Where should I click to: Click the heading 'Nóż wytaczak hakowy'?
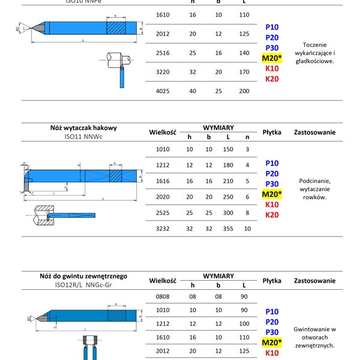tap(84, 128)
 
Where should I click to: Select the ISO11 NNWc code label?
tap(84, 137)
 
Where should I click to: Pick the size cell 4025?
tap(163, 91)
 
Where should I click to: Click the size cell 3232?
tap(163, 229)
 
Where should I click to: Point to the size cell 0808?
tap(163, 296)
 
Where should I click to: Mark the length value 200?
tap(244, 91)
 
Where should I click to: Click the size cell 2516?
tap(163, 53)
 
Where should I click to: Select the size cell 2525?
tap(163, 212)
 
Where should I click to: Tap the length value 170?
tap(244, 71)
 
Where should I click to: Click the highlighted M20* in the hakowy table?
tap(272, 194)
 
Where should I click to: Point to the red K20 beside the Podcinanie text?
tap(272, 215)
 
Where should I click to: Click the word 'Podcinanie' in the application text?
tap(314, 180)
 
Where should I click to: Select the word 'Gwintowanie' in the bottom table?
tap(314, 329)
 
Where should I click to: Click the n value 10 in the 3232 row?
tap(247, 229)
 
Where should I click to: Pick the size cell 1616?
tap(163, 181)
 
